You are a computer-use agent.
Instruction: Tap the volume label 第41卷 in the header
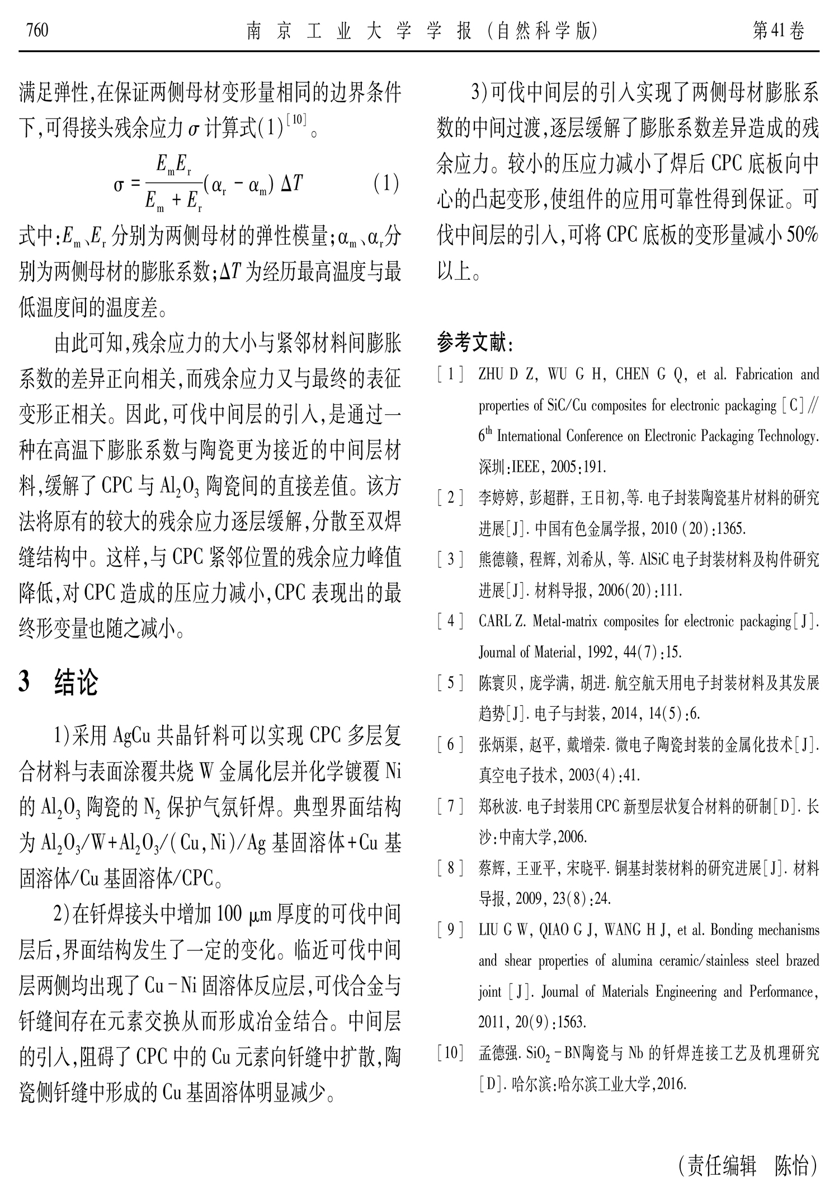point(779,31)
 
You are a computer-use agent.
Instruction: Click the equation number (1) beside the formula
point(385,184)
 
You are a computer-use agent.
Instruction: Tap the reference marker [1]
point(450,374)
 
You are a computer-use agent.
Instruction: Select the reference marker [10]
point(450,1053)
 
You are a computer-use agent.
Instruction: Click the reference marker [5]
point(450,683)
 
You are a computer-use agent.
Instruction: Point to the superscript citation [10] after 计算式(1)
point(296,121)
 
